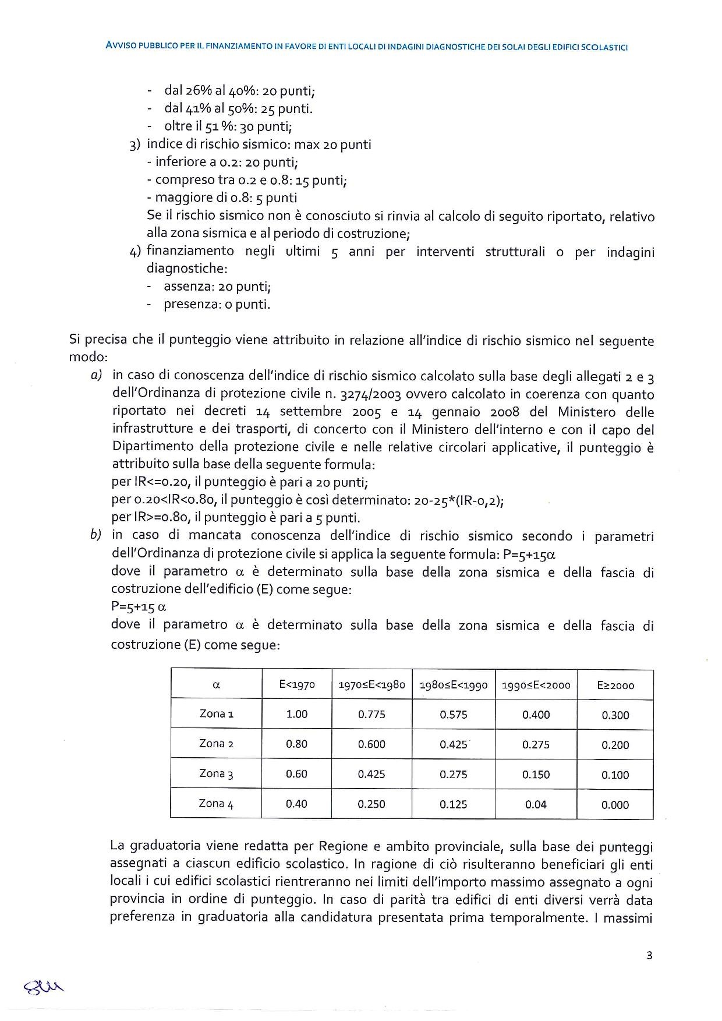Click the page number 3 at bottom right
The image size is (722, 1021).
point(649,955)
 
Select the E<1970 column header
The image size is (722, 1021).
point(297,685)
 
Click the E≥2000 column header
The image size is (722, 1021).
point(615,686)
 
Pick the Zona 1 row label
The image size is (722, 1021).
point(217,714)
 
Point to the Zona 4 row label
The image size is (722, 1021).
point(217,804)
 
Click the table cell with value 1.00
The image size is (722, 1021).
point(297,715)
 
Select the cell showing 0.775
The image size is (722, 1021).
point(371,715)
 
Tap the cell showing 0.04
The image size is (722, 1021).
point(536,804)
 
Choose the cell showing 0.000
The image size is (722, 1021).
point(615,805)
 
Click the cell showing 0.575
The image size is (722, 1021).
point(454,715)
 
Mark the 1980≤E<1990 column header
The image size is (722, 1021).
point(454,686)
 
